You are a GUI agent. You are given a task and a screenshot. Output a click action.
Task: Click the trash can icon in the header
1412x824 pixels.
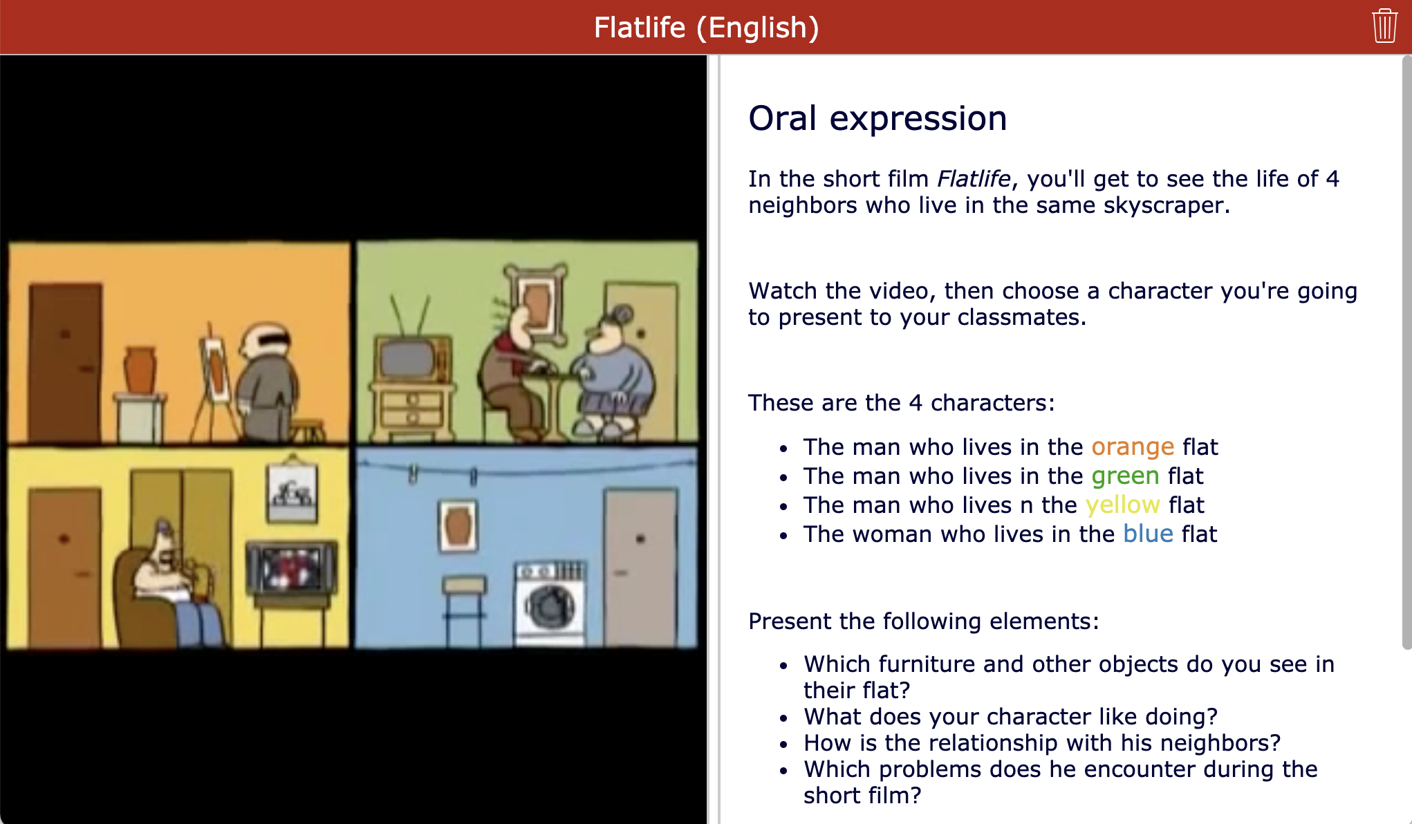click(x=1384, y=26)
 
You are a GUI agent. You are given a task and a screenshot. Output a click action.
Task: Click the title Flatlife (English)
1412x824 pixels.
click(x=706, y=28)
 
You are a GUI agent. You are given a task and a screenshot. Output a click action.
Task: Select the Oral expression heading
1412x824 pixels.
click(x=877, y=118)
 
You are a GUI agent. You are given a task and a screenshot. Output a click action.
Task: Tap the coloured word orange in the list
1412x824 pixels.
click(x=1133, y=447)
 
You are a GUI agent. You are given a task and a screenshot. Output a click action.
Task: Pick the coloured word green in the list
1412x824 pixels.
click(x=1125, y=476)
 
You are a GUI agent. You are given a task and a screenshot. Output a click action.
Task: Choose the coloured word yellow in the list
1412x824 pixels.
click(x=1122, y=505)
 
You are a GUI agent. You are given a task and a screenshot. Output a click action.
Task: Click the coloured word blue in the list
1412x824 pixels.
click(x=1148, y=534)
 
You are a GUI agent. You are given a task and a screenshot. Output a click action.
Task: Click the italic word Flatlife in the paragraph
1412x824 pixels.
click(x=974, y=179)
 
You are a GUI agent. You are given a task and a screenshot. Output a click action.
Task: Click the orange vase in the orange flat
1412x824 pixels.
click(x=140, y=371)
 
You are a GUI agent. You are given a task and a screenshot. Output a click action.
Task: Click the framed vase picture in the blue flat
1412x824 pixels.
click(x=458, y=526)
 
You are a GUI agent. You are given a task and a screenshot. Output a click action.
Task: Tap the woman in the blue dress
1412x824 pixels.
click(x=613, y=373)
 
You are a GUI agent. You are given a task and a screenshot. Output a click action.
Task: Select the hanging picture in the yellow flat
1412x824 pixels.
click(x=292, y=492)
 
